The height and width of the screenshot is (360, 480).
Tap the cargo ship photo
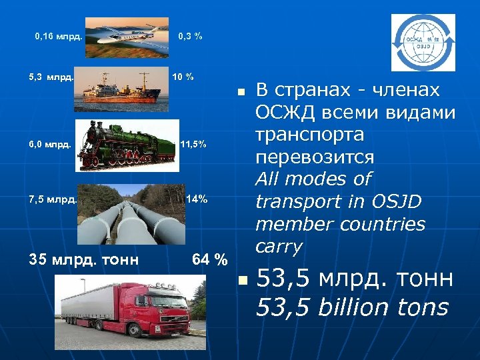tap(121, 87)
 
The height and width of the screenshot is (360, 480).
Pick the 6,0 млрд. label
tap(50, 144)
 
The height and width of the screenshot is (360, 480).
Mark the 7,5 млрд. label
tap(53, 199)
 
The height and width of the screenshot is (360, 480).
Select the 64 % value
tap(209, 259)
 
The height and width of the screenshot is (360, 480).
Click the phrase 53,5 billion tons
tap(352, 307)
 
